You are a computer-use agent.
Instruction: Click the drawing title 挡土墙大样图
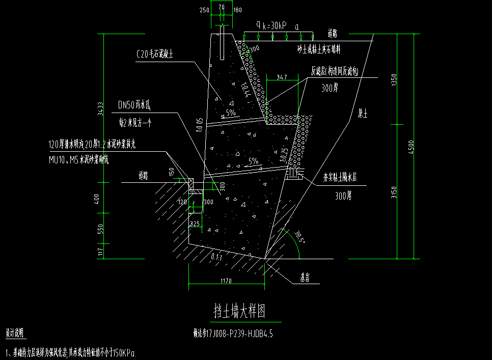[x=246, y=311]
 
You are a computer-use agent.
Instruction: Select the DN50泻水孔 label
[x=133, y=105]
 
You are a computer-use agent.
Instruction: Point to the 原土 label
[x=363, y=114]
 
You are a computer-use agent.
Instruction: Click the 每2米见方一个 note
[x=132, y=123]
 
